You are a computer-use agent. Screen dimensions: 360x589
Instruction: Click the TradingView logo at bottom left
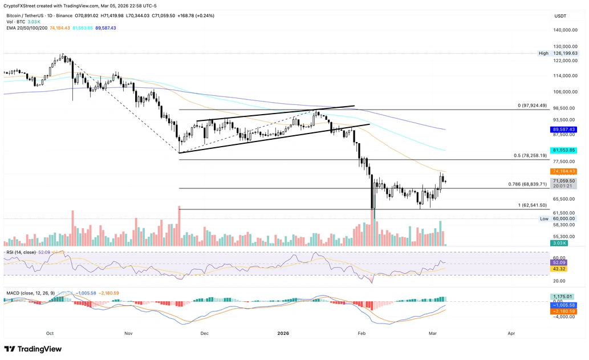point(33,349)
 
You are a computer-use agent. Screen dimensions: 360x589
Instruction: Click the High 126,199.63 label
point(557,53)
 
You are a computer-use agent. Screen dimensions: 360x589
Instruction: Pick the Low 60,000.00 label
point(557,219)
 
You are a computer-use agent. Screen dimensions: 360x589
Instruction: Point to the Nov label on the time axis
point(128,333)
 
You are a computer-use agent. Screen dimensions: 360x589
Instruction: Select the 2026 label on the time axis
point(283,333)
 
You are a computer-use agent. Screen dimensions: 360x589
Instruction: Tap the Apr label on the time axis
point(510,333)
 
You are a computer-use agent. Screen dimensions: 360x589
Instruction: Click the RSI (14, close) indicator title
point(21,252)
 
